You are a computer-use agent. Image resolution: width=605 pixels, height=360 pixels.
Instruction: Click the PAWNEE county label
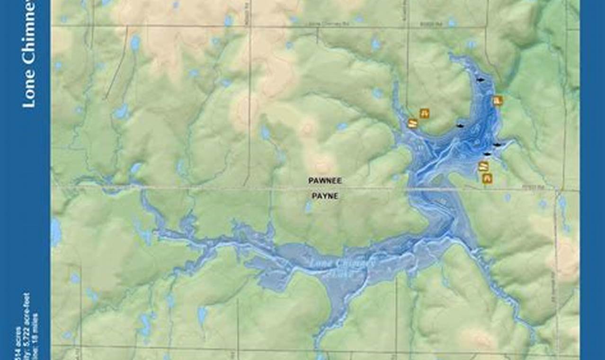[325, 180]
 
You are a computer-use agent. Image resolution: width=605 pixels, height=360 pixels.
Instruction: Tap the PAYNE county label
[325, 196]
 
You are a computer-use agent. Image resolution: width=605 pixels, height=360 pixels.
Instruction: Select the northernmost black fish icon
[480, 80]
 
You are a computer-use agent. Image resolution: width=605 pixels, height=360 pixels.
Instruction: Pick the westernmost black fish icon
[459, 126]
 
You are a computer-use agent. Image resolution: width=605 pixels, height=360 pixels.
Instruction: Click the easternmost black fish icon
[497, 144]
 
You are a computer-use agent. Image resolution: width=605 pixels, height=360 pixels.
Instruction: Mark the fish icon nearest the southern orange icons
[487, 154]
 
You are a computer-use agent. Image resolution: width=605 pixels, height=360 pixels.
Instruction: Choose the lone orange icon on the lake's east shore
[497, 100]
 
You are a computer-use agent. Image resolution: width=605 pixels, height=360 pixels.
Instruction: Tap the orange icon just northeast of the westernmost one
[424, 113]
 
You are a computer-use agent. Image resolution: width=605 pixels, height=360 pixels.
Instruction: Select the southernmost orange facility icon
[487, 178]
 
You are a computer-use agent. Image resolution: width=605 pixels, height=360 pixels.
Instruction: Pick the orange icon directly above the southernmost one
[483, 166]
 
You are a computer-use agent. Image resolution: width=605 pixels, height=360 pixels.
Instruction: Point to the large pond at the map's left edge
[56, 232]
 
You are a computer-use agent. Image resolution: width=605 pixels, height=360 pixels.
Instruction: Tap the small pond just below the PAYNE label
[309, 207]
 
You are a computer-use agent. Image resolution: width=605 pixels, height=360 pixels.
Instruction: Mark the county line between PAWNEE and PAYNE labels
[325, 188]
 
